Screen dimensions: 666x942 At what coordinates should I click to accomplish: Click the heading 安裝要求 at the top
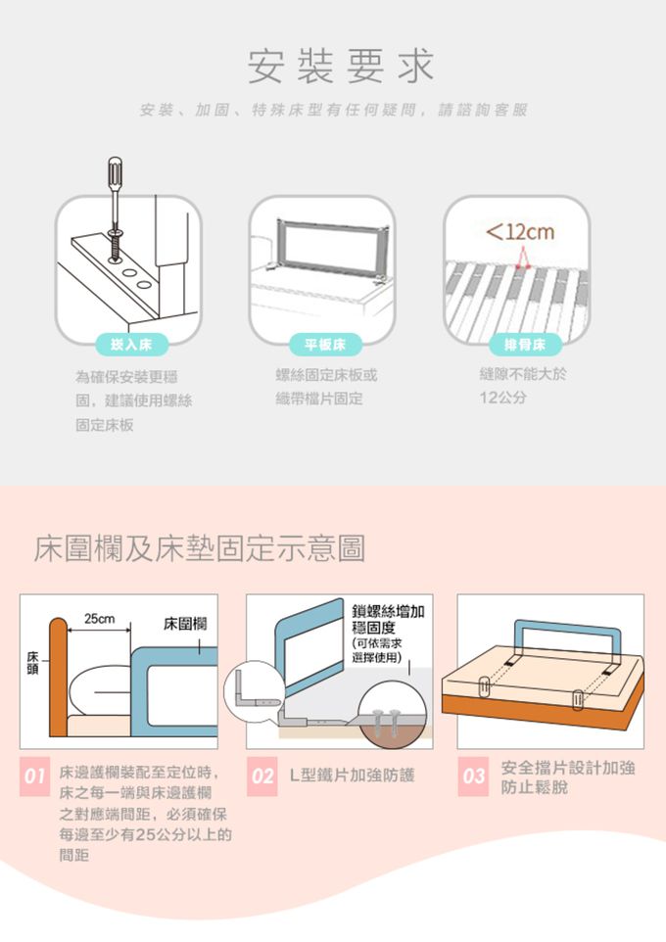coord(340,66)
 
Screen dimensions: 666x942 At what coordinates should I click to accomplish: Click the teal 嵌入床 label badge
coord(131,345)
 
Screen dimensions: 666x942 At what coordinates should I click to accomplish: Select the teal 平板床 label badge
coord(324,345)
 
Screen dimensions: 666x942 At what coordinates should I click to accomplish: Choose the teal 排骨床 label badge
coord(525,345)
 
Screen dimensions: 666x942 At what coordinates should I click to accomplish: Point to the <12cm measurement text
coord(520,231)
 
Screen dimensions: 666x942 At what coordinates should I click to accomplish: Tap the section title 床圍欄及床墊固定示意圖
coord(199,548)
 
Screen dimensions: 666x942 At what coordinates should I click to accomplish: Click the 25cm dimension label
coord(99,619)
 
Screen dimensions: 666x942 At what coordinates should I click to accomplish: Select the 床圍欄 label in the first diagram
coord(185,624)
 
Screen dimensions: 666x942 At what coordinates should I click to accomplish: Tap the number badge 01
coord(35,777)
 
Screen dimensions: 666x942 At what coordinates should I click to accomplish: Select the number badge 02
coord(262,777)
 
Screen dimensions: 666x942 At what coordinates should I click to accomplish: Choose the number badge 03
coord(473,777)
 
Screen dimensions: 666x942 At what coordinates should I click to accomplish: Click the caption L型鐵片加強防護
coord(353,775)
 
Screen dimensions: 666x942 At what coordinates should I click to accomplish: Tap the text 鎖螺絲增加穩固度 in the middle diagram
coord(388,620)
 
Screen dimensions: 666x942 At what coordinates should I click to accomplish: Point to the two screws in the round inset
coord(388,721)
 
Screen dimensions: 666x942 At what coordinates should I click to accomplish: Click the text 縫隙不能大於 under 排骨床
coord(523,374)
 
